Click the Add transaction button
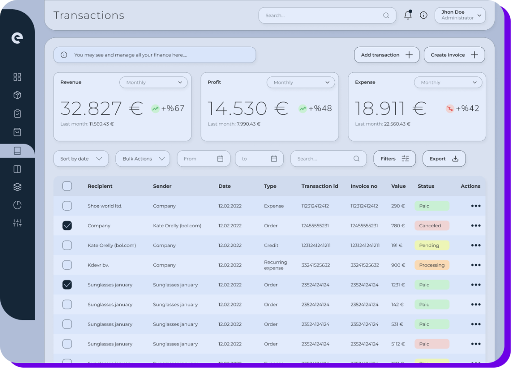click(387, 55)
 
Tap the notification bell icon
click(408, 15)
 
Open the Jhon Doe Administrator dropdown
click(460, 15)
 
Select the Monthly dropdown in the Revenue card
click(153, 82)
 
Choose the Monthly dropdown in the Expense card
click(448, 82)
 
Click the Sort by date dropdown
click(81, 159)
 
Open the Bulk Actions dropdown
click(143, 159)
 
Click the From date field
click(204, 159)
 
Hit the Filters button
click(394, 159)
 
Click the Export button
click(444, 159)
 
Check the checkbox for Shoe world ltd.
click(67, 206)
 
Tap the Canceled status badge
click(432, 226)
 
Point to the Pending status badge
click(432, 245)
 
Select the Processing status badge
click(432, 265)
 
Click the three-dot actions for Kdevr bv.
click(476, 265)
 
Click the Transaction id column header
click(320, 186)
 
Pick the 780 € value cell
click(398, 226)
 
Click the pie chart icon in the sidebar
click(17, 205)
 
